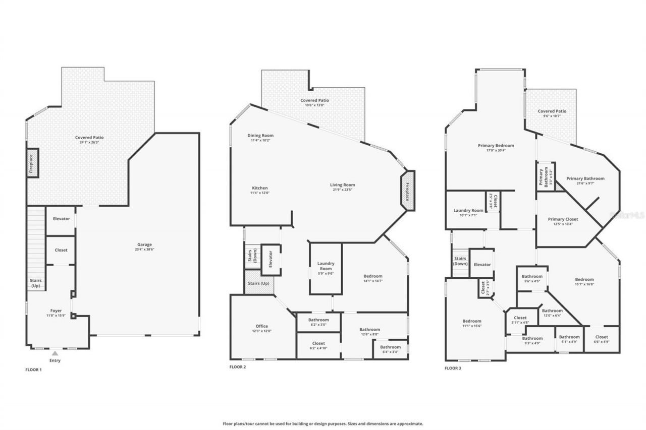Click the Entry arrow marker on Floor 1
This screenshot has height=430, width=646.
(x=55, y=353)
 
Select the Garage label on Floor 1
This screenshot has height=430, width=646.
(x=144, y=244)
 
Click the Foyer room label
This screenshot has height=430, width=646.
(x=56, y=311)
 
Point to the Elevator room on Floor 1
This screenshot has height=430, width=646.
(x=61, y=219)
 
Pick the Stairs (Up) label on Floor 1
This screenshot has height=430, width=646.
(x=36, y=283)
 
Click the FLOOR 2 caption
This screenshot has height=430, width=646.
(x=238, y=367)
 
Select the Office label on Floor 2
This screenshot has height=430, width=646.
(x=261, y=326)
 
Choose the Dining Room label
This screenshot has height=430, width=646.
(x=260, y=136)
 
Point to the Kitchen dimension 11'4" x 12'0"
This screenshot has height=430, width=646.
(x=260, y=193)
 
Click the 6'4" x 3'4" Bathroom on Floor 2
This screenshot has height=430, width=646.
(x=390, y=349)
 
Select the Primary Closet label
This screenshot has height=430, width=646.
(x=563, y=219)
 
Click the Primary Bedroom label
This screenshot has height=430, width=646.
(x=496, y=146)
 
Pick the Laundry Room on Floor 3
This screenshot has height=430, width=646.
(x=468, y=210)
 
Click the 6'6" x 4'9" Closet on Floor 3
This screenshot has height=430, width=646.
(x=601, y=339)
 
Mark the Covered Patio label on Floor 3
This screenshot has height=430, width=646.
(x=552, y=111)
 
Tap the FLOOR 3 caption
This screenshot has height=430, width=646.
(x=453, y=368)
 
